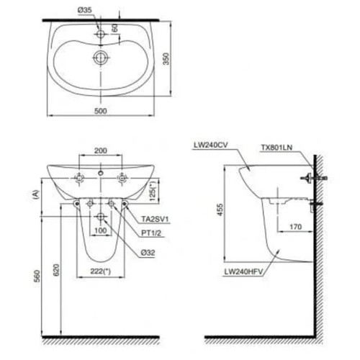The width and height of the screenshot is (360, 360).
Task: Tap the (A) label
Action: click(x=34, y=192)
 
